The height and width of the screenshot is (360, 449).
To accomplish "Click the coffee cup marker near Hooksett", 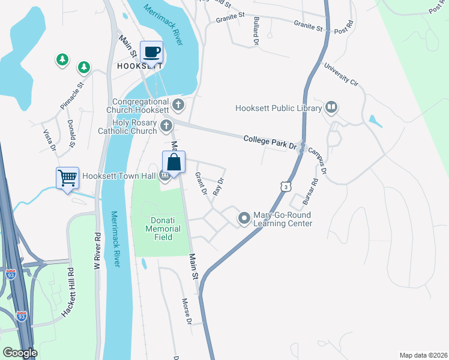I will tap(151, 52).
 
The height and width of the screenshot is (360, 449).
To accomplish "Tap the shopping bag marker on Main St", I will tap(173, 162).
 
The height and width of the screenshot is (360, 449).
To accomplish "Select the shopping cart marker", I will tap(67, 178).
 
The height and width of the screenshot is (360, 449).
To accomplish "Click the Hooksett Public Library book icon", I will tap(331, 108).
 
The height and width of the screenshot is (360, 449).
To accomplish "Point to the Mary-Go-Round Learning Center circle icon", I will tap(244, 218).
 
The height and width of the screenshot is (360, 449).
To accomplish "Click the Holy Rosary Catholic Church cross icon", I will tap(166, 127).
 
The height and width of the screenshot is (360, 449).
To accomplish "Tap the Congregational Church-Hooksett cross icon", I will tap(178, 106).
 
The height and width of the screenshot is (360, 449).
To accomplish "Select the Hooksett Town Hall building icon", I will tap(164, 176).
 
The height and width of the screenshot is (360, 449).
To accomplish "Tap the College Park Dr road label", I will tap(271, 142).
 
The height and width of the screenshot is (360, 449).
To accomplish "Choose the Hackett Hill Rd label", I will tap(67, 292).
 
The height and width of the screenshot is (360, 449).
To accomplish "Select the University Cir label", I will tap(341, 76).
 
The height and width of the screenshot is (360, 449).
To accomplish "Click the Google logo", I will tap(19, 353).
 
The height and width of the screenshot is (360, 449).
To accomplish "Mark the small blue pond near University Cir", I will tap(375, 121).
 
